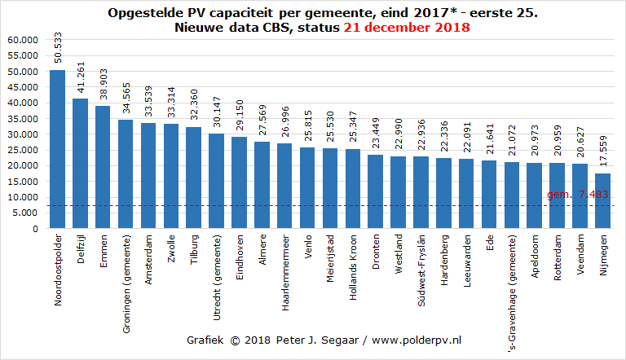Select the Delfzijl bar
(x=80, y=164)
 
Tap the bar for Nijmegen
(x=602, y=201)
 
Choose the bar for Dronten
(x=376, y=191)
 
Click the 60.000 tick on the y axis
(x=22, y=40)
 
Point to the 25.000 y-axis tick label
(x=22, y=150)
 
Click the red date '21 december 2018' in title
(x=406, y=27)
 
